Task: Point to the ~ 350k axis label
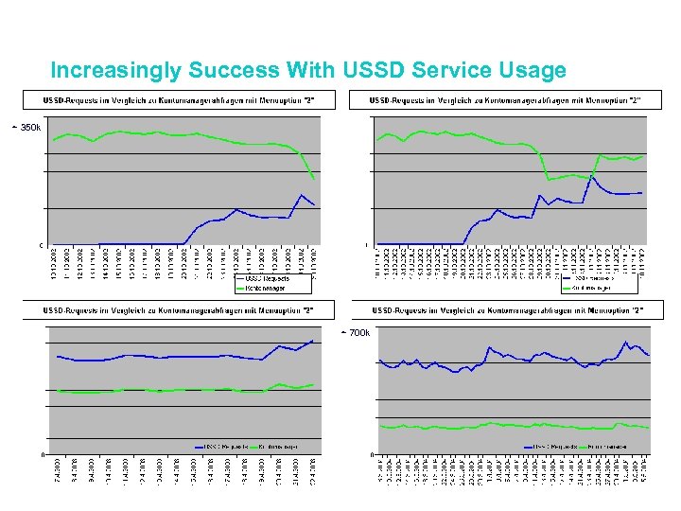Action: click(26, 127)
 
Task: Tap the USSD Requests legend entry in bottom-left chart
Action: click(222, 446)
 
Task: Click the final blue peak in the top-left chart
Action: click(301, 195)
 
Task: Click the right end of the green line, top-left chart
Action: click(314, 178)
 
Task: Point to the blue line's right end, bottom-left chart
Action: click(313, 341)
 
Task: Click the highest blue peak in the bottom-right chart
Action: click(625, 342)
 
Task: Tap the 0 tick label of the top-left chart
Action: click(40, 245)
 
